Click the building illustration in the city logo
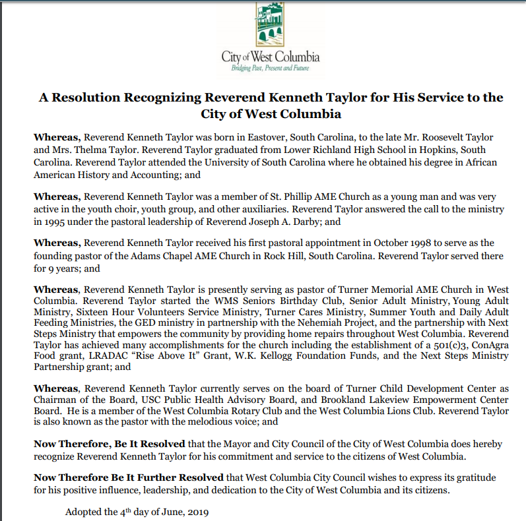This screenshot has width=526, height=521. tap(270, 25)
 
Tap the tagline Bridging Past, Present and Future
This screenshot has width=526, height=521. tap(270, 69)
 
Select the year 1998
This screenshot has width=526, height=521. tap(395, 243)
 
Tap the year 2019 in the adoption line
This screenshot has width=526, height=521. tap(194, 512)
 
